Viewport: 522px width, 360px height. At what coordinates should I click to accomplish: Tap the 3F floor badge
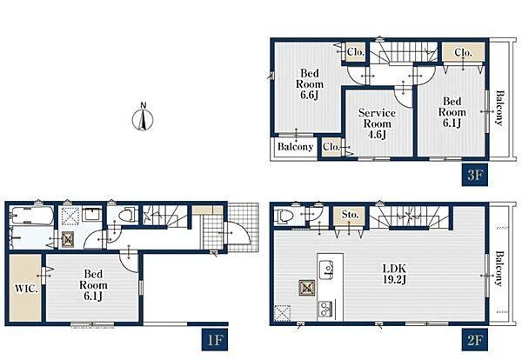pos(474,174)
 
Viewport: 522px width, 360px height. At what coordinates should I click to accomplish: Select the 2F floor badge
pos(474,340)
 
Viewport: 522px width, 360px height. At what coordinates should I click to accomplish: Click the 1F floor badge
pos(215,340)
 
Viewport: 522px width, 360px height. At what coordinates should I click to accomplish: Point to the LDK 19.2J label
pos(394,274)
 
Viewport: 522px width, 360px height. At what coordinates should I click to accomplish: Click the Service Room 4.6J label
pos(377,123)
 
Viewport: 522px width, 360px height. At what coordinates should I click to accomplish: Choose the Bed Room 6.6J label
pos(310,83)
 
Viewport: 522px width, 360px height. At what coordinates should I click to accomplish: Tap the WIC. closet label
pos(25,288)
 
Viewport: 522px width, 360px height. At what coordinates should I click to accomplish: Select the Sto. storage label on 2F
pos(350,215)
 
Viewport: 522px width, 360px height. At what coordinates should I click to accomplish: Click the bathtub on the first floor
pos(32,216)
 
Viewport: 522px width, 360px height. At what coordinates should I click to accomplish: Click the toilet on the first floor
pos(128,215)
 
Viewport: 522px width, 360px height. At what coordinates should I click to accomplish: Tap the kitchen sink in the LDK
pos(326,268)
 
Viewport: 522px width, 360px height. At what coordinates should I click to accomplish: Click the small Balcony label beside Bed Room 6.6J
pos(295,147)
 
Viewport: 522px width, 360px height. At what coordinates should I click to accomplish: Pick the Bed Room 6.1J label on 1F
pos(93,285)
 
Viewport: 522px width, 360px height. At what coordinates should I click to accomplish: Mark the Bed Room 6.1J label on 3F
pos(452,112)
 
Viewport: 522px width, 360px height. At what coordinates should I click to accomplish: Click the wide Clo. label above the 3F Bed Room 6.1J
pos(463,52)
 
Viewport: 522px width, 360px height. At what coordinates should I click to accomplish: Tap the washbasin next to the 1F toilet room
pos(91,213)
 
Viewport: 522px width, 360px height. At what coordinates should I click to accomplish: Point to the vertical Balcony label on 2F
pos(499,269)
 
